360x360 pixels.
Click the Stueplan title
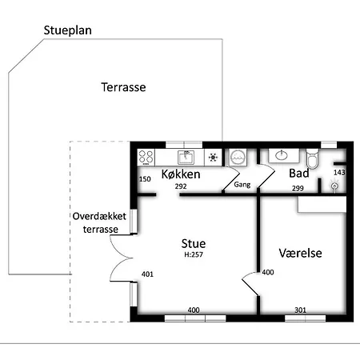(67, 30)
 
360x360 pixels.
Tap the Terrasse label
(123, 87)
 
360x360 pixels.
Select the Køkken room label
(181, 174)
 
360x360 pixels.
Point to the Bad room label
(299, 174)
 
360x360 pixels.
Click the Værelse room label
(300, 253)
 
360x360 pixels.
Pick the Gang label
(242, 185)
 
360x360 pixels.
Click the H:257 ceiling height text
(194, 254)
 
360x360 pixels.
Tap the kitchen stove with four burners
(146, 157)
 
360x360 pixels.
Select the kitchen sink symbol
(186, 157)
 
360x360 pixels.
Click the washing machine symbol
(238, 157)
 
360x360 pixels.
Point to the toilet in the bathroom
(312, 158)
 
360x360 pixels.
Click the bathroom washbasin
(282, 155)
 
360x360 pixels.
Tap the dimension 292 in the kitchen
(181, 186)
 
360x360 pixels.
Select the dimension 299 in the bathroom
(298, 189)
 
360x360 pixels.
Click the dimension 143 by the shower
(339, 173)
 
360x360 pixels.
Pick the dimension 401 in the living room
(147, 274)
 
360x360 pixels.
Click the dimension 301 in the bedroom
(300, 310)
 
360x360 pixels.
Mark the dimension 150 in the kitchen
(145, 179)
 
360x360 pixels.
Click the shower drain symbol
(334, 186)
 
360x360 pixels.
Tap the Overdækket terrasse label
(99, 222)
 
